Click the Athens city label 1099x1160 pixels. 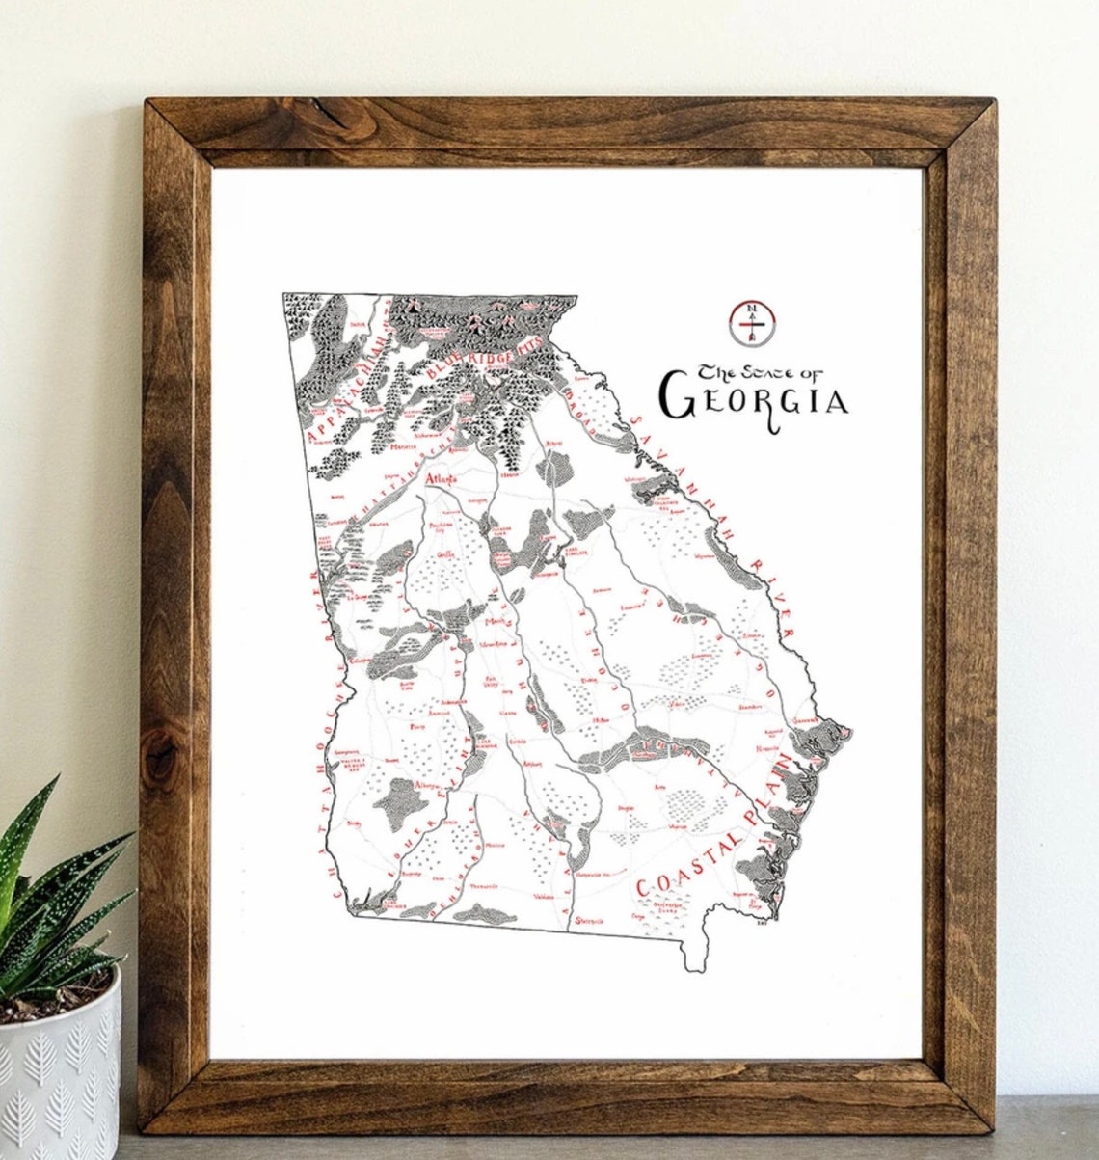click(x=554, y=443)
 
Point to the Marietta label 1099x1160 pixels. click(x=402, y=446)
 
